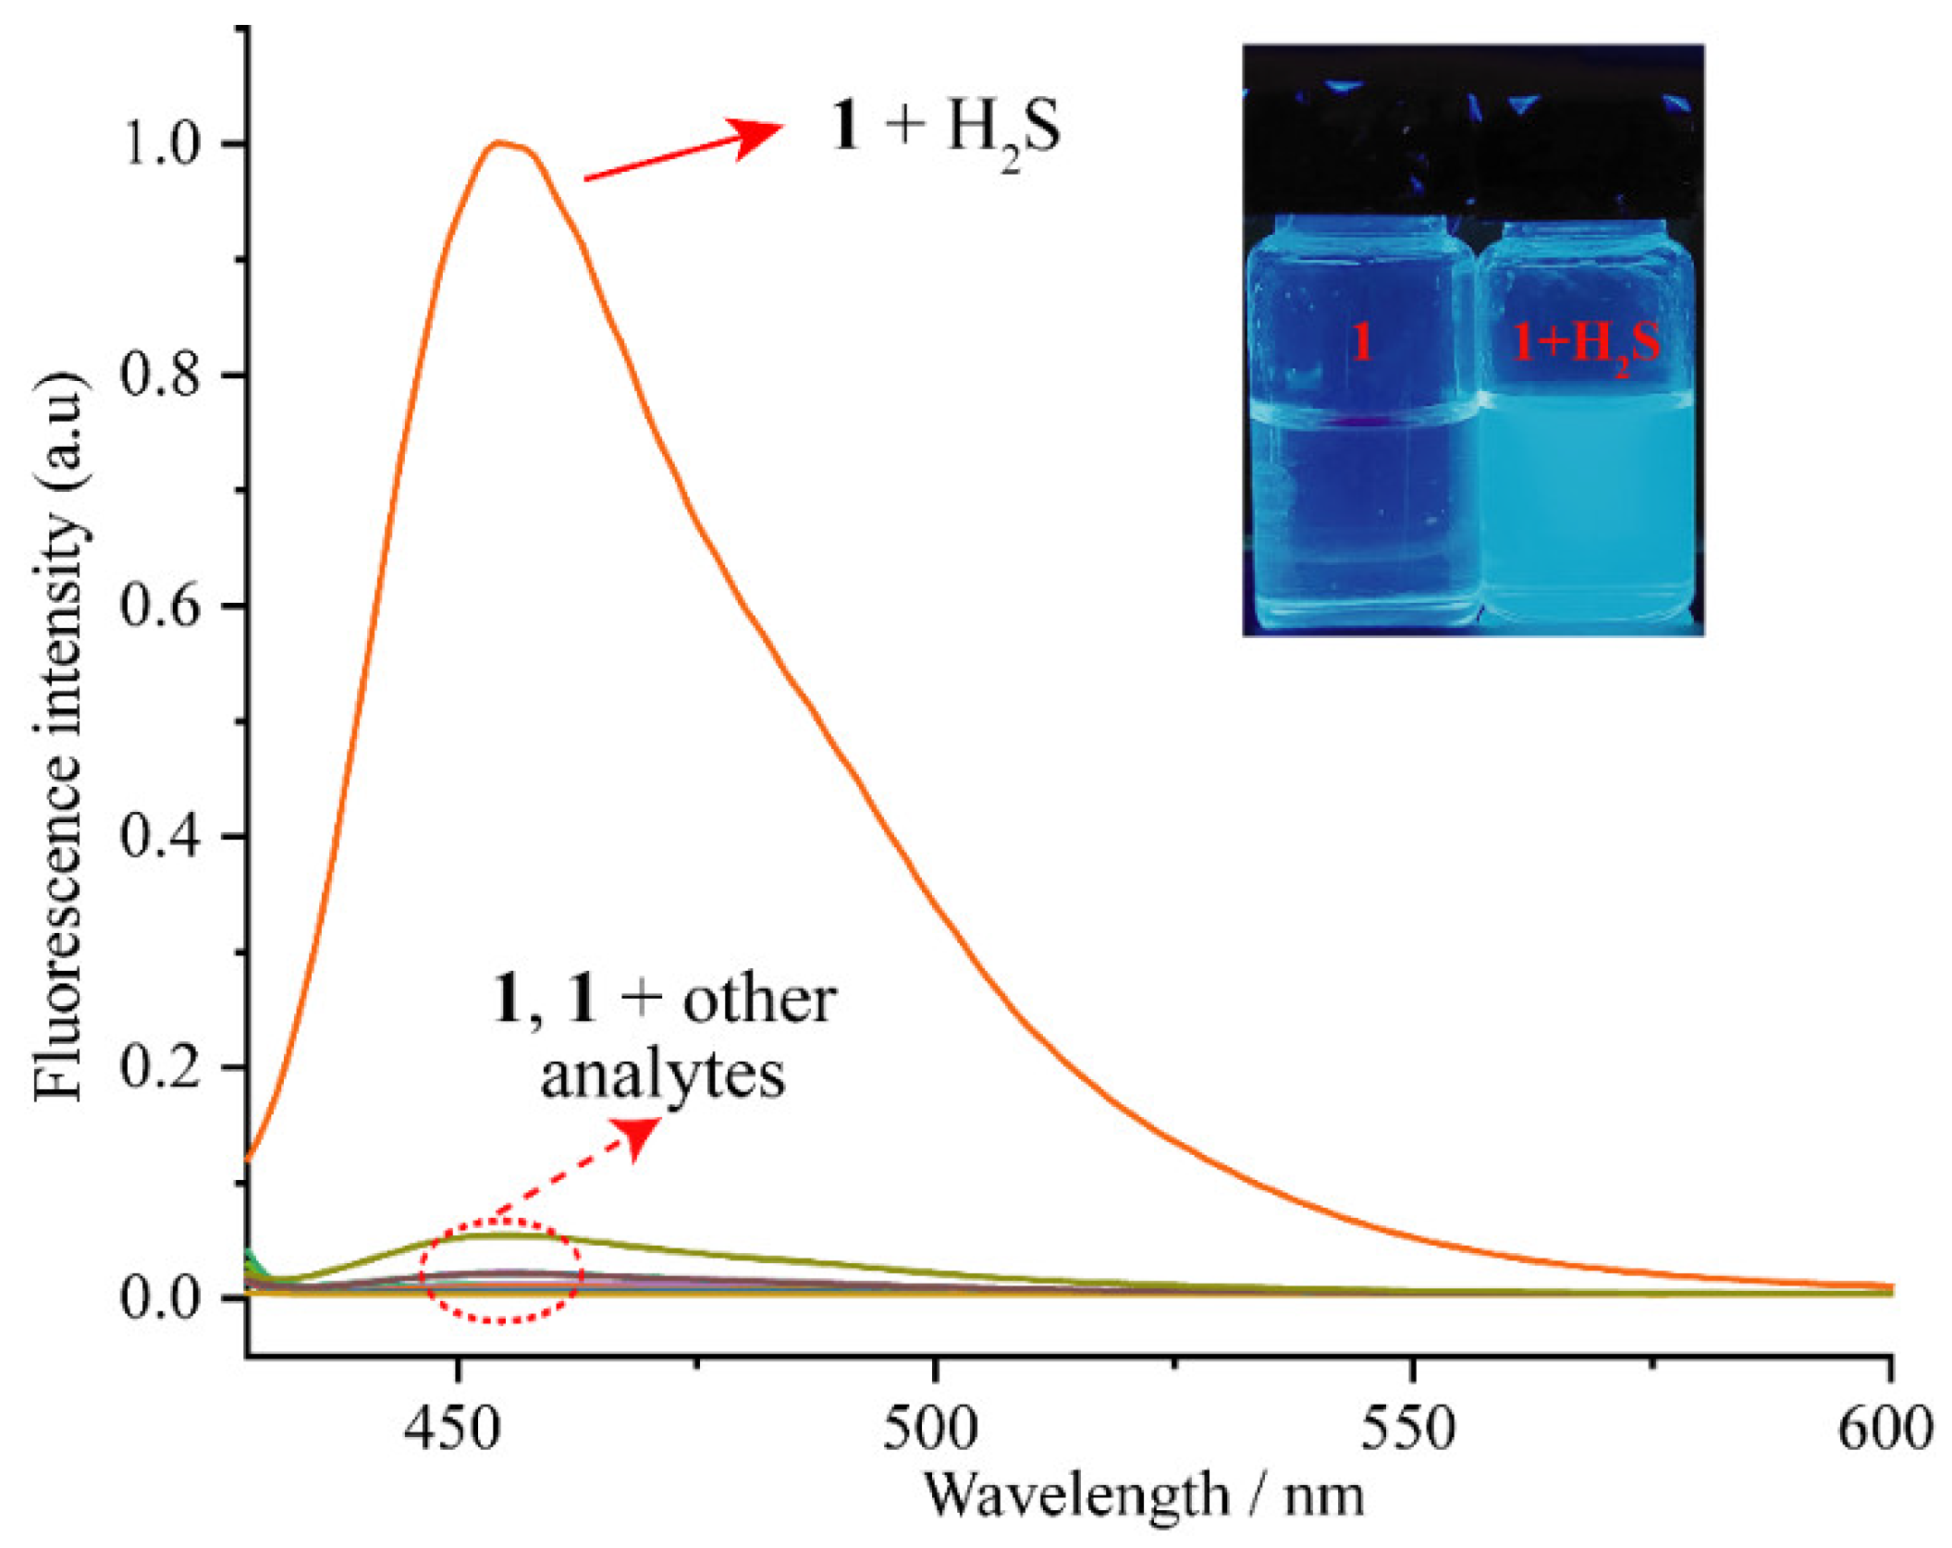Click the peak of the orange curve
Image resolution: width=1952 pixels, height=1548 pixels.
tap(500, 142)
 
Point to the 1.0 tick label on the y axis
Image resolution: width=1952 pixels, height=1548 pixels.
tap(161, 145)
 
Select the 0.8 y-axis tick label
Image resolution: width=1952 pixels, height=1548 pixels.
tap(161, 375)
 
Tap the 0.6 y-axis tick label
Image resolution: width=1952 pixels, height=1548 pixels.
tap(161, 606)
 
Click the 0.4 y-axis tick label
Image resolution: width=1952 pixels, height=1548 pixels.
tap(161, 836)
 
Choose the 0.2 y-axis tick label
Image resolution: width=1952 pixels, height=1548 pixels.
tap(161, 1066)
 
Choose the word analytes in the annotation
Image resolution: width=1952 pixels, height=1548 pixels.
tap(663, 1075)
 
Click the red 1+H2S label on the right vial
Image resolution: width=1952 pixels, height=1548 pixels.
tap(1585, 345)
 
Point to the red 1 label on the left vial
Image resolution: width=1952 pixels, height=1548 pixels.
tap(1360, 342)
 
